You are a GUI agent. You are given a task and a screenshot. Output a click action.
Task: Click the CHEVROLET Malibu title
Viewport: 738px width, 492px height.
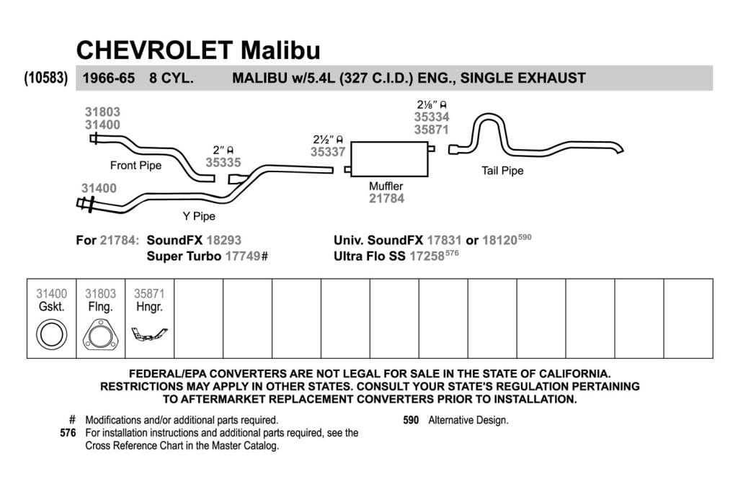click(198, 50)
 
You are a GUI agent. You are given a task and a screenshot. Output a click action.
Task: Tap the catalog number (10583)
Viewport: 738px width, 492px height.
click(45, 78)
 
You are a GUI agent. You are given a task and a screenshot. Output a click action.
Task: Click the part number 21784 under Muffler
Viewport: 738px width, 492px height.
click(386, 199)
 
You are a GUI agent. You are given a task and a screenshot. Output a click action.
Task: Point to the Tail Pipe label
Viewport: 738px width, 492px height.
click(502, 171)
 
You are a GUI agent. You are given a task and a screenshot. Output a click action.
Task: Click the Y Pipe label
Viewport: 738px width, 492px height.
click(199, 216)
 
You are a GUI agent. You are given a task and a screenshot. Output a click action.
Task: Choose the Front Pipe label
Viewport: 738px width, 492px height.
click(135, 166)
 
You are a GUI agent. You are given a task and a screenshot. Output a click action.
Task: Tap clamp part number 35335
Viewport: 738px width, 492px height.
click(223, 162)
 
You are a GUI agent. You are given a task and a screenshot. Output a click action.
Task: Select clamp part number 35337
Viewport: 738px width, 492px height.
click(328, 151)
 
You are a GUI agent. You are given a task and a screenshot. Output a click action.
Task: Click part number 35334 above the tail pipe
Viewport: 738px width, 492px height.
click(432, 117)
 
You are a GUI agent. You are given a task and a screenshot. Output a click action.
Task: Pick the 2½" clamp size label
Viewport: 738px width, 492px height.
click(328, 139)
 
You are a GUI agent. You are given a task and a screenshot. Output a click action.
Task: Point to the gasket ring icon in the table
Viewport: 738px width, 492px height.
click(51, 334)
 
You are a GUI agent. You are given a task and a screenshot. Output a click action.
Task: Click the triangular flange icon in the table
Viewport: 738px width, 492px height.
click(100, 335)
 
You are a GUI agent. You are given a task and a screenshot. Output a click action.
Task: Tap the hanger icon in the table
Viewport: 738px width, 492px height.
click(149, 334)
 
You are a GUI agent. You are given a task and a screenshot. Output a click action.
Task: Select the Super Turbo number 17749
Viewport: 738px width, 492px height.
click(243, 256)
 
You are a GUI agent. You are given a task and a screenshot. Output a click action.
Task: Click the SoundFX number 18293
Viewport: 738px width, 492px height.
click(223, 240)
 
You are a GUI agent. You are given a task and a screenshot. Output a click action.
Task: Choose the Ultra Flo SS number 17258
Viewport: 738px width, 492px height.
click(427, 256)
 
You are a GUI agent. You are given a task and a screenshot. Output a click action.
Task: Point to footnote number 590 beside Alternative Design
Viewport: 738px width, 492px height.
click(411, 420)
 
